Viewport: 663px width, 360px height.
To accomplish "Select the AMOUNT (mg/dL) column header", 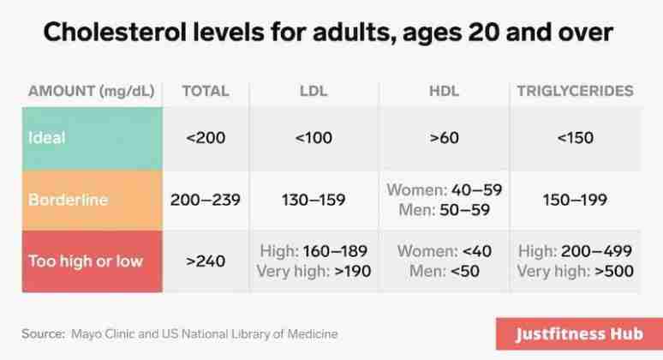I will (91, 91).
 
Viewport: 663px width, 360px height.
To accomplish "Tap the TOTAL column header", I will (205, 91).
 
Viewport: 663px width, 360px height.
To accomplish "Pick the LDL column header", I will (313, 91).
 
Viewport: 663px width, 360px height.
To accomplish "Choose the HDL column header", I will (444, 91).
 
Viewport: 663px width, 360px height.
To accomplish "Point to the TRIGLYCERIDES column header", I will (575, 91).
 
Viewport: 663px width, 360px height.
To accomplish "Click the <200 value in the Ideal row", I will (205, 138).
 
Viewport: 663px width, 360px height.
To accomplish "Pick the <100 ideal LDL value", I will (313, 138).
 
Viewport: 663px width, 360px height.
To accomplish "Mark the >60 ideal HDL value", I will (444, 138).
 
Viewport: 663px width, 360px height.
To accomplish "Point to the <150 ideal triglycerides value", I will (575, 138).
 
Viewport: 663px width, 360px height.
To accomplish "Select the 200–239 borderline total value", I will (205, 200).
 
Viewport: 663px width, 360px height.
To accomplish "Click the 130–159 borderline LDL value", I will (313, 200).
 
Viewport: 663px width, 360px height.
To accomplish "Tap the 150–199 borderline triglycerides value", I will (575, 200).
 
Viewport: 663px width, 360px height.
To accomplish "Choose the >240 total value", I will (205, 261).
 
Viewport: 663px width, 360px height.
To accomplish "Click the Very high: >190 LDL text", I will (313, 272).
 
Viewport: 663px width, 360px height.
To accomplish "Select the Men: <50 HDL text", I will (444, 272).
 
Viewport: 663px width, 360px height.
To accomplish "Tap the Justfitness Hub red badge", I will (578, 334).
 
